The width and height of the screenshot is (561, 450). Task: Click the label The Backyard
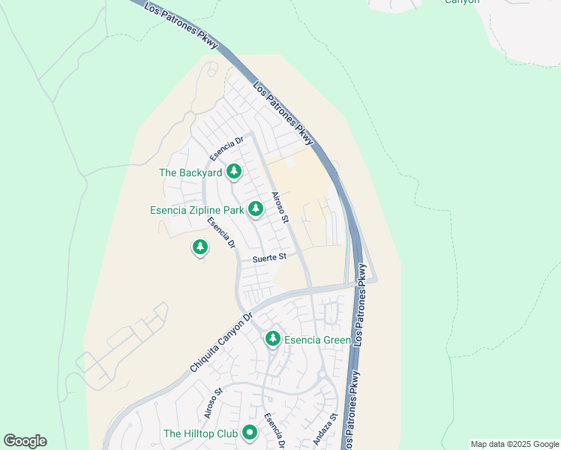(x=190, y=172)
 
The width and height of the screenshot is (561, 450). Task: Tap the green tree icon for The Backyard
(x=234, y=172)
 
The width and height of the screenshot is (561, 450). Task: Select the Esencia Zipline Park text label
(x=196, y=210)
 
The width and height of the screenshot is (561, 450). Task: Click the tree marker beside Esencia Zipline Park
(x=256, y=208)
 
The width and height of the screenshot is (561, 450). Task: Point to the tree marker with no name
(x=199, y=246)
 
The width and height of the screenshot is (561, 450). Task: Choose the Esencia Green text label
(x=318, y=340)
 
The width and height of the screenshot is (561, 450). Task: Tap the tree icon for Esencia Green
(x=273, y=339)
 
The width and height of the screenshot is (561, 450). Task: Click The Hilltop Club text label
(x=200, y=433)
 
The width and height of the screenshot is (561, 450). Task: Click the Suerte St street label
(x=270, y=257)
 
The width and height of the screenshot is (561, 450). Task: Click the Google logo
(x=25, y=441)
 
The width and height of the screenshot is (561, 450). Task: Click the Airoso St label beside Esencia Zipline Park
(x=280, y=208)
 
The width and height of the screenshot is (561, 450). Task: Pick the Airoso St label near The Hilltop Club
(x=213, y=403)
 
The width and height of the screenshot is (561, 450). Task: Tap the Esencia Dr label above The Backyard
(x=227, y=148)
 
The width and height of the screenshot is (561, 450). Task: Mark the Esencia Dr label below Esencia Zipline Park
(x=222, y=232)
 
